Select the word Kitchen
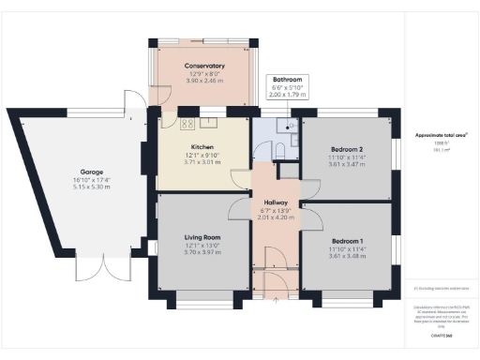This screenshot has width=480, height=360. (x=203, y=147)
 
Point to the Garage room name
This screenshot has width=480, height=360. (x=91, y=172)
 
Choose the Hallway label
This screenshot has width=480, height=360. (x=276, y=203)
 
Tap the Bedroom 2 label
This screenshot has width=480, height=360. (x=347, y=149)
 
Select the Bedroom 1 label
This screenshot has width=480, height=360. (x=346, y=240)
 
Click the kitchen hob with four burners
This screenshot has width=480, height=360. (x=187, y=123)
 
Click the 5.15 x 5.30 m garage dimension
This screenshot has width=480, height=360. (x=91, y=187)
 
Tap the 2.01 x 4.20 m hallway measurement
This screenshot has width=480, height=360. (x=276, y=218)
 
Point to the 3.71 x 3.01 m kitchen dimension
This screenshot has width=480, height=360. (x=203, y=162)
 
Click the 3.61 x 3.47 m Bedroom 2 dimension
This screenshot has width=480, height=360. (x=347, y=164)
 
